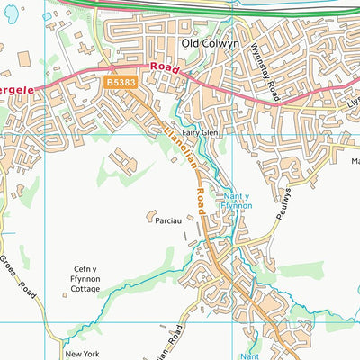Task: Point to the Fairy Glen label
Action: click(201, 132)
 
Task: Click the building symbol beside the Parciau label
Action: click(149, 216)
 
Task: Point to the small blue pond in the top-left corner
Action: click(47, 16)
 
